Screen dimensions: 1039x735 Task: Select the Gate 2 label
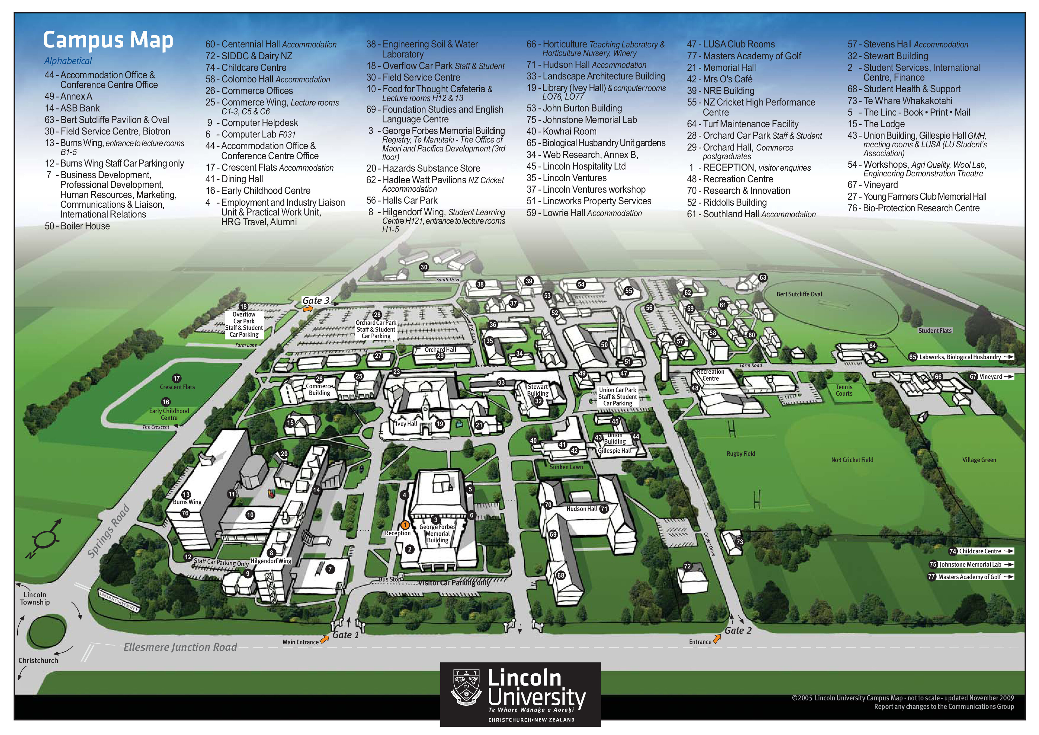click(x=738, y=630)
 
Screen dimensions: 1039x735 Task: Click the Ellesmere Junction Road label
click(x=180, y=647)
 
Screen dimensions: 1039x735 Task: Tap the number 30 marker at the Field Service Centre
click(x=423, y=267)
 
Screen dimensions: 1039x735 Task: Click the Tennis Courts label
click(x=844, y=390)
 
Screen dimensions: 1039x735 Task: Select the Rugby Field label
click(x=741, y=453)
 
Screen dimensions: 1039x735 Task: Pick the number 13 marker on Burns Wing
click(x=186, y=495)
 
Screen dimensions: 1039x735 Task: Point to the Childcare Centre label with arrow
click(x=981, y=551)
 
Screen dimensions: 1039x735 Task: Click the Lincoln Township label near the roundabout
click(x=35, y=598)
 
